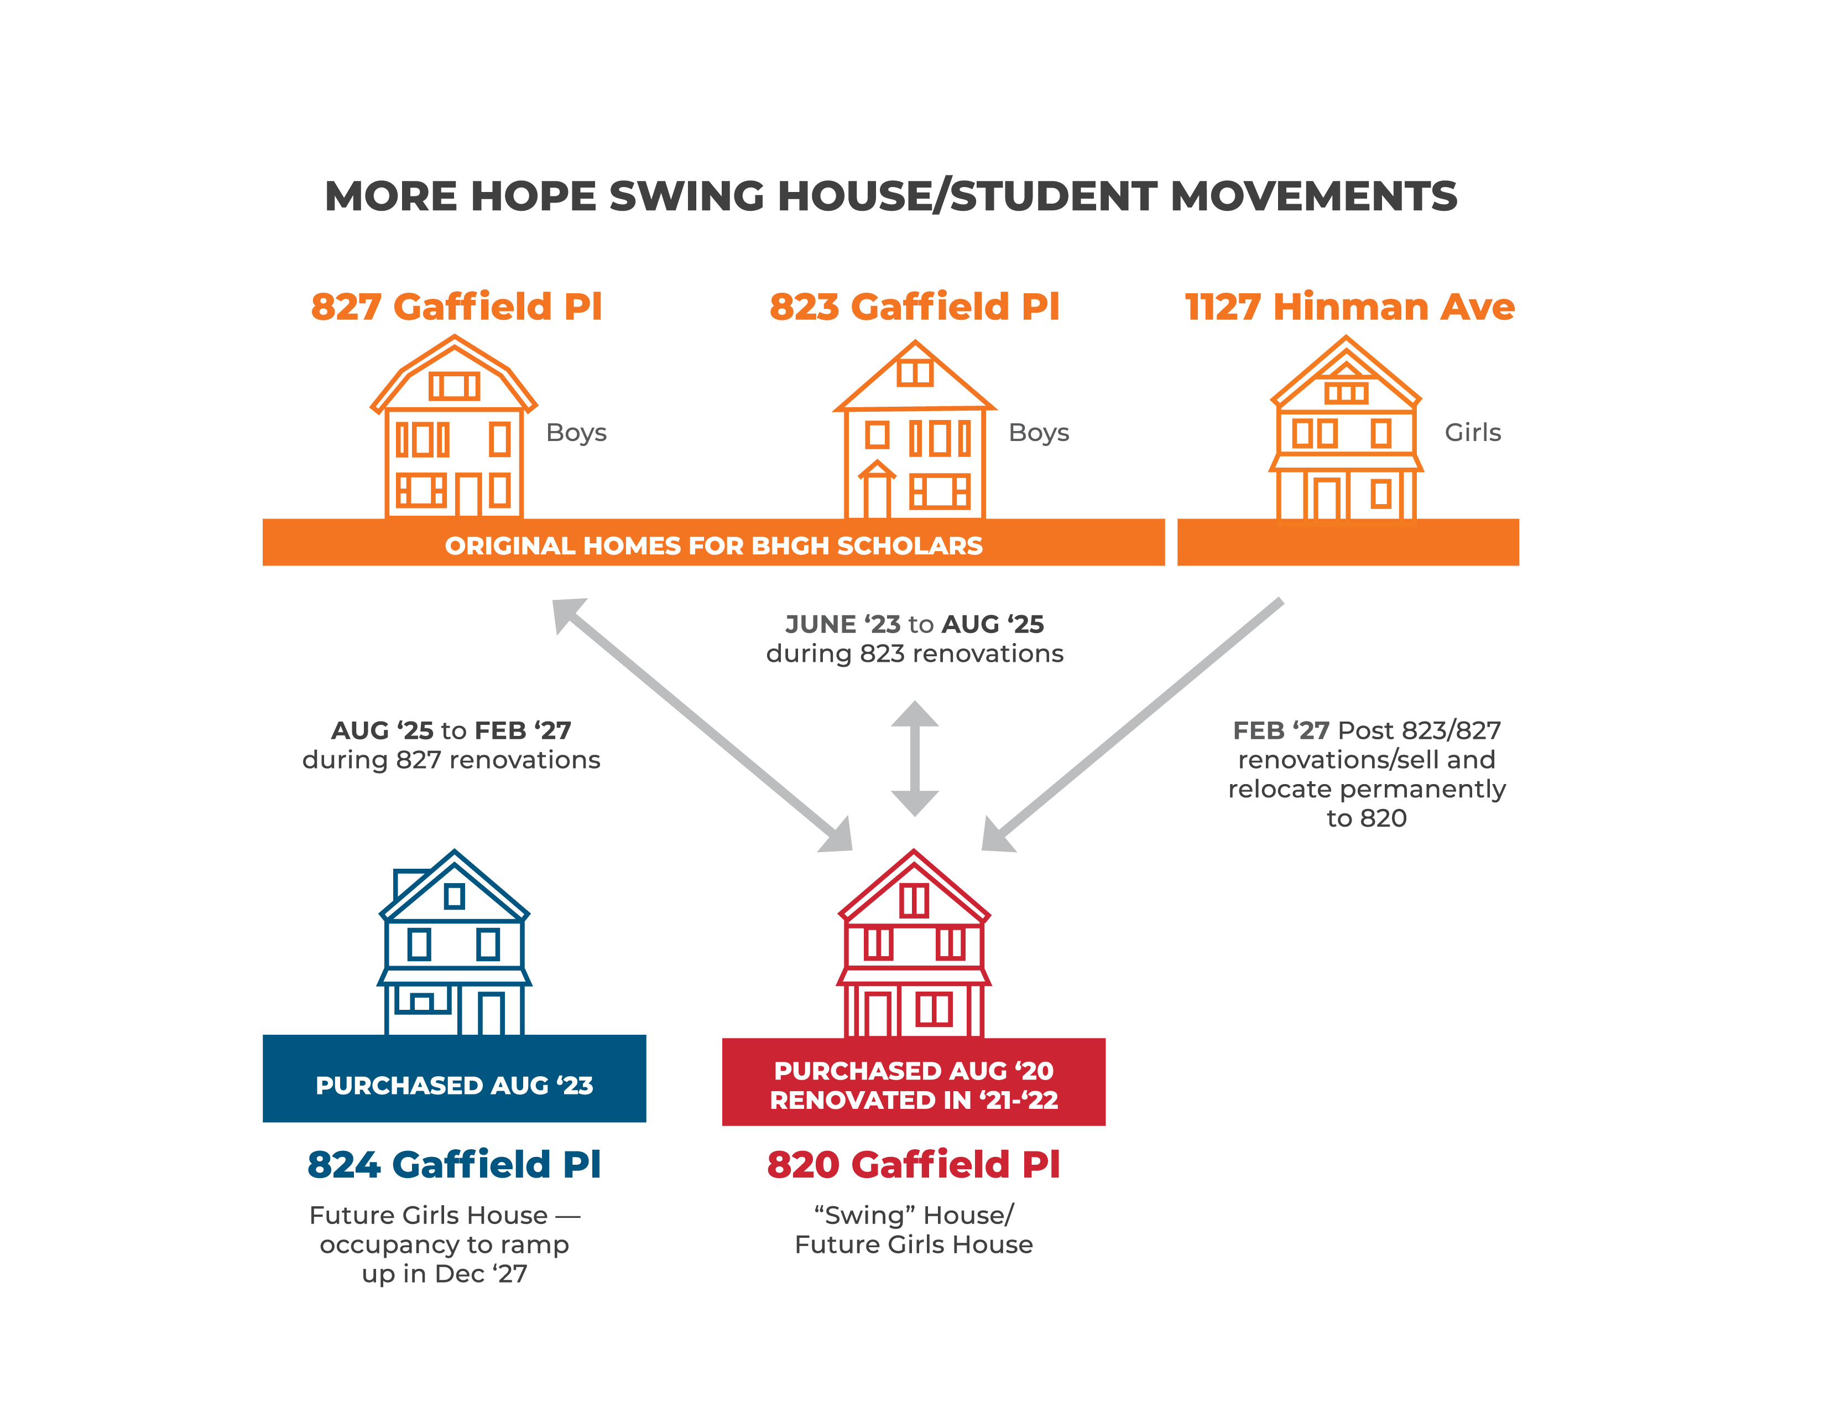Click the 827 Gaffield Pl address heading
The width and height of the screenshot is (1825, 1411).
pos(456,307)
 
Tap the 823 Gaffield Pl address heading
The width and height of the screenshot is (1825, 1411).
pos(914,307)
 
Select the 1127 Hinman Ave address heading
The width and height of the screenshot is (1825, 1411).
pos(1349,307)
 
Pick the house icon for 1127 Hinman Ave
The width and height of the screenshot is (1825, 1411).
pos(1346,427)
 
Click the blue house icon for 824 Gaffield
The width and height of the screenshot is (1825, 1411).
pos(455,942)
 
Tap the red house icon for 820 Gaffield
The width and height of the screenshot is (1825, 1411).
pos(914,944)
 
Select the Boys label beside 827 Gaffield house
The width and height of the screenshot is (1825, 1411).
pos(576,433)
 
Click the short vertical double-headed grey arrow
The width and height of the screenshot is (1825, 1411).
pos(915,758)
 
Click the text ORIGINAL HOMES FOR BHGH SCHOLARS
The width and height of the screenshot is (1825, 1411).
pos(713,546)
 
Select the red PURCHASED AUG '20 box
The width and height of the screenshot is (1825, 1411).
pos(914,1082)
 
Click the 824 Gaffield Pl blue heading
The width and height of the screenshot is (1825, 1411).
pos(453,1164)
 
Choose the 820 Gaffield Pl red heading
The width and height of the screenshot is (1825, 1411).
pos(914,1164)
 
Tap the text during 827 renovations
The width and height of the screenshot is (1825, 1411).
pos(451,760)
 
